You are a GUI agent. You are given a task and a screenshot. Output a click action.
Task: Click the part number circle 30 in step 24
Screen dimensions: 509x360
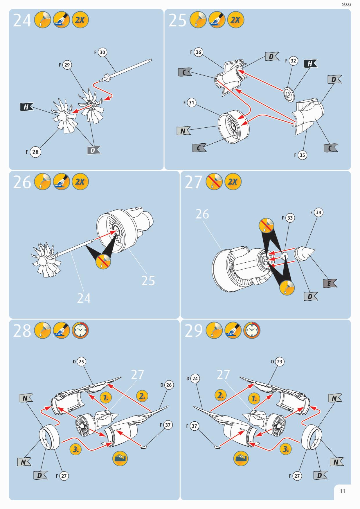[102, 52]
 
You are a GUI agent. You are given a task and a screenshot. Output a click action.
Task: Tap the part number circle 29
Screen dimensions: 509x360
[67, 65]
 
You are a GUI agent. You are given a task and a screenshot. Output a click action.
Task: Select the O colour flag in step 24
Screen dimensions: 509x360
[93, 150]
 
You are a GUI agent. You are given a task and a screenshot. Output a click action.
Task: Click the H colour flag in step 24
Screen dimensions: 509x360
[26, 107]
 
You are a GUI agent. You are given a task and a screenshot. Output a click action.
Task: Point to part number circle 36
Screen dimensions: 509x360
[198, 52]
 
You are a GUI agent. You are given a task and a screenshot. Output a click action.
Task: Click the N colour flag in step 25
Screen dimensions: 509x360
[183, 131]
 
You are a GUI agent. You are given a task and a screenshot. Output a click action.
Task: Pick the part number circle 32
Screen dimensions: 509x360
[293, 61]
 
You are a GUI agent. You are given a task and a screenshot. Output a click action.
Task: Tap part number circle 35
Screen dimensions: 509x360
[302, 155]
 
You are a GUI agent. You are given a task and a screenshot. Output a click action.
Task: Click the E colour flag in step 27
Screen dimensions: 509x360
[330, 283]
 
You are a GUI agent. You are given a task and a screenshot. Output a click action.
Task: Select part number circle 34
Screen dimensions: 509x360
[318, 212]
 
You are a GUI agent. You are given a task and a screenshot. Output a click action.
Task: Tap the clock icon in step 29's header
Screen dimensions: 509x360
[252, 331]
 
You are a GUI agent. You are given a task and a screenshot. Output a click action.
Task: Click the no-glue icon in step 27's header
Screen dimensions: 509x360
[214, 182]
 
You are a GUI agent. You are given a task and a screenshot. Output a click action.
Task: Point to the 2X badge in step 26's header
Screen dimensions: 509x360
[80, 182]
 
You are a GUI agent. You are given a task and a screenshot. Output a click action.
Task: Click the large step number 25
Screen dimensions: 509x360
[177, 20]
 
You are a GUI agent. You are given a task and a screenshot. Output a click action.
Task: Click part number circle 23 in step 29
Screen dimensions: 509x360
[279, 362]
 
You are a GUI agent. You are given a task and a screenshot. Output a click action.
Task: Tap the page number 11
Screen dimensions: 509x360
[342, 491]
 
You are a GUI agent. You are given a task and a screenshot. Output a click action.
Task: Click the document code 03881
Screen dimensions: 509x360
[346, 5]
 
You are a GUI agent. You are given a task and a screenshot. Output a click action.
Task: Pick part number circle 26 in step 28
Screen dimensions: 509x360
[169, 385]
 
